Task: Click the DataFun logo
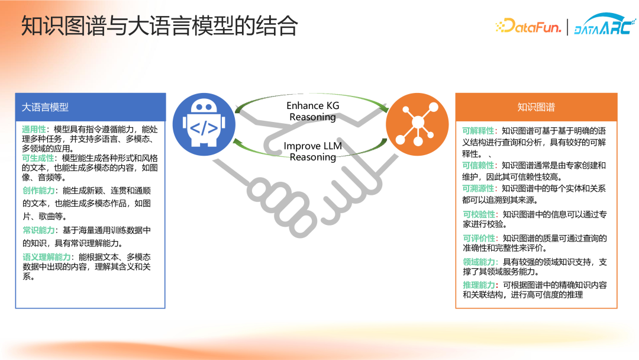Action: point(528,27)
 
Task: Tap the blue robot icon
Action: point(204,124)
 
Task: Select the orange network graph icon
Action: point(417,124)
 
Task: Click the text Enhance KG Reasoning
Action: point(313,111)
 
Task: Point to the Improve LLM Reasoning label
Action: point(313,151)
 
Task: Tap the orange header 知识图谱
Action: point(536,107)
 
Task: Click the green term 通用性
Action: point(34,129)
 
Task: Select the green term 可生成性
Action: point(38,158)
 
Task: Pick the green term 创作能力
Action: point(38,191)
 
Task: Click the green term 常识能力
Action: point(38,230)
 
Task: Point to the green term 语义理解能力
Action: point(47,257)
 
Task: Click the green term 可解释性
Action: point(478,131)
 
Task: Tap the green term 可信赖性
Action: point(478,166)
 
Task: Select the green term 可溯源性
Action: point(478,188)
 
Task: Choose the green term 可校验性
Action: point(479,214)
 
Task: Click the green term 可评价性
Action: point(479,238)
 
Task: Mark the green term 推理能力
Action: point(479,285)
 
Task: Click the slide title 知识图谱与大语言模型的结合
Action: point(159,25)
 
